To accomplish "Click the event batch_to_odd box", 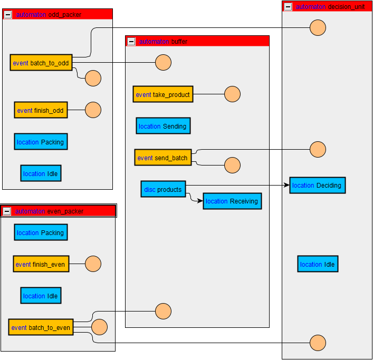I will click(41, 63).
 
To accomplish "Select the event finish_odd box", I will click(41, 110).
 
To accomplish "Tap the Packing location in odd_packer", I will click(41, 142).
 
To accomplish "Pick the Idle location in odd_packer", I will click(41, 173).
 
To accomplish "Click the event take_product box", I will click(162, 94).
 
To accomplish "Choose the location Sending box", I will click(162, 126).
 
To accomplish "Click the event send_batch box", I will click(162, 158).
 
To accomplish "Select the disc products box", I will click(163, 189).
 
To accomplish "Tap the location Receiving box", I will click(232, 201).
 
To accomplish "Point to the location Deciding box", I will click(317, 185).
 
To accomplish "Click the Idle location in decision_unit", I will click(318, 264).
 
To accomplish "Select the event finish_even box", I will click(41, 264).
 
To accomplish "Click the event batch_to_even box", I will click(41, 327).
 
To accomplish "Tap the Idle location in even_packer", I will click(41, 296).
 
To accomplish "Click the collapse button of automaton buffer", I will click(131, 42).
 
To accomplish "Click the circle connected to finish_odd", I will click(93, 110).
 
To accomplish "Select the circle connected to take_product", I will click(232, 94).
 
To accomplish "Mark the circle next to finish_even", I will click(93, 264).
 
